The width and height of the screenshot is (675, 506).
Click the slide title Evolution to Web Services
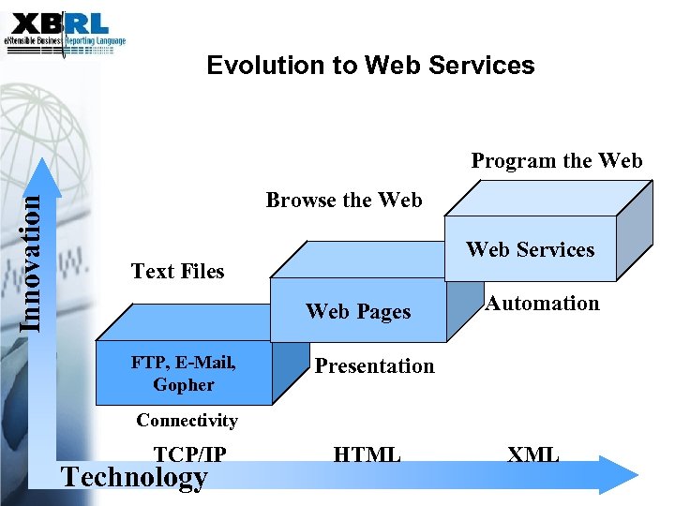(x=370, y=66)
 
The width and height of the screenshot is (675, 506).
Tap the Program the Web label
(x=556, y=160)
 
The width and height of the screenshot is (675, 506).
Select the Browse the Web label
(x=344, y=200)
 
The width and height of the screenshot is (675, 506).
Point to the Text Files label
(x=177, y=272)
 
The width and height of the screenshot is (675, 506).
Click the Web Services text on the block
(x=530, y=249)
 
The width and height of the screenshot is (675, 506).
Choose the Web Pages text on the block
(x=358, y=312)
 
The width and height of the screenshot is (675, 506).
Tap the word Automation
(x=542, y=303)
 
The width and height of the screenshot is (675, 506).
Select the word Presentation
(x=374, y=365)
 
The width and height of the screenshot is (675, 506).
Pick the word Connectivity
(x=187, y=420)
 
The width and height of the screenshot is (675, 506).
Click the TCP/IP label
(x=189, y=454)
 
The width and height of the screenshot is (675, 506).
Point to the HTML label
(x=367, y=455)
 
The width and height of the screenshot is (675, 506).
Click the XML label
(x=532, y=455)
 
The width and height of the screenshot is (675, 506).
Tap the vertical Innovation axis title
(x=31, y=253)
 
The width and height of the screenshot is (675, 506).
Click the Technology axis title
(x=134, y=478)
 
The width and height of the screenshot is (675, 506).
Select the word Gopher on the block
(x=184, y=385)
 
